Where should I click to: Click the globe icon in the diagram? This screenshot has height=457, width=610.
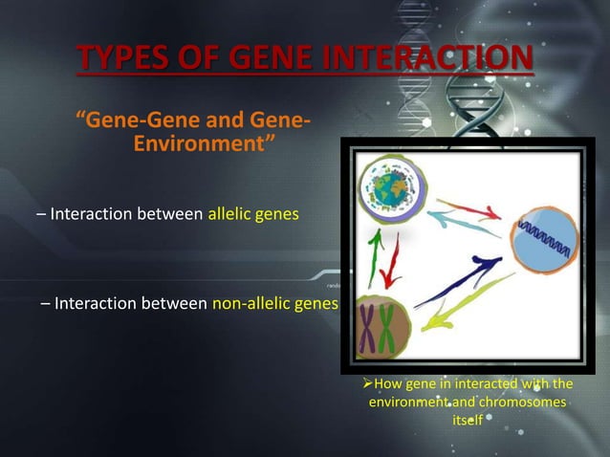coord(390,188)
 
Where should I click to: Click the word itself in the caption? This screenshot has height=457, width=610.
coord(468,421)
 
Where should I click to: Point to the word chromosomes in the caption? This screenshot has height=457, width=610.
coord(516,403)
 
